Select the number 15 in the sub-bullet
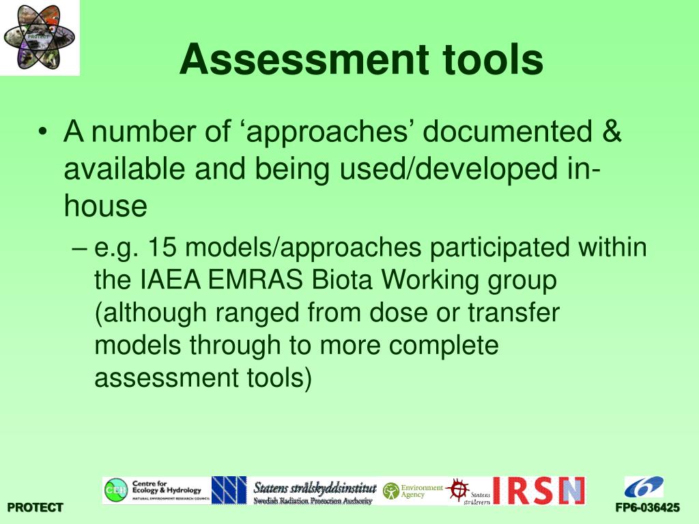click(162, 247)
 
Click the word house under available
click(106, 205)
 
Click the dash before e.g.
click(78, 248)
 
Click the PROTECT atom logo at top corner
click(40, 37)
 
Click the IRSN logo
click(539, 490)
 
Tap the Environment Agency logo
click(412, 491)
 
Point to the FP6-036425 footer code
click(647, 508)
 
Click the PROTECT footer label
click(35, 508)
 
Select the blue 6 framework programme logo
click(643, 487)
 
